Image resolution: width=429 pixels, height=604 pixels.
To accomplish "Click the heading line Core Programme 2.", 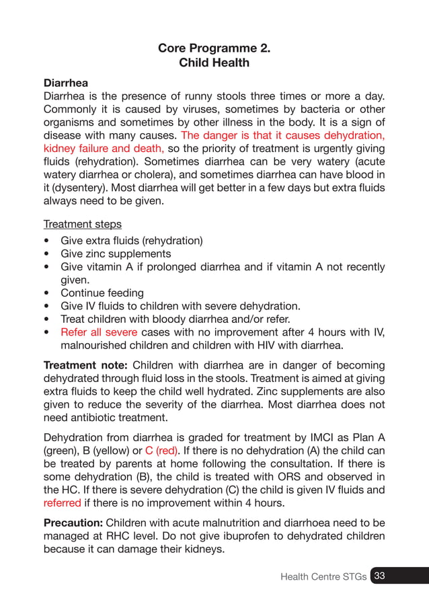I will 214,48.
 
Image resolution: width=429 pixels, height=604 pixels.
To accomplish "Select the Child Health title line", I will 214,63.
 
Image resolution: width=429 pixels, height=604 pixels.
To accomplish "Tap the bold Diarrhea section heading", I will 66,83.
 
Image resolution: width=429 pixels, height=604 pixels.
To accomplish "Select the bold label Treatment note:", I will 85,365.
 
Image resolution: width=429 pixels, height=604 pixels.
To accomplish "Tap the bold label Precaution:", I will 73,523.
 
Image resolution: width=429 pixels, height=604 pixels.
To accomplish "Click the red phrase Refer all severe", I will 99,332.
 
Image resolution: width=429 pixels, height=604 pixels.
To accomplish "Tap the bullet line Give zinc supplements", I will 116,254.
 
